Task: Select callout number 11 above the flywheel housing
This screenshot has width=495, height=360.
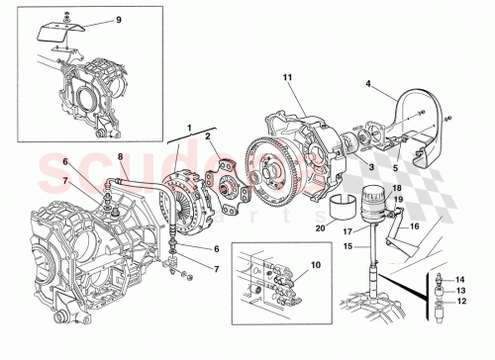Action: [289, 76]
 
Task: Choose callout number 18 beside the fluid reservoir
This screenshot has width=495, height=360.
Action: [397, 188]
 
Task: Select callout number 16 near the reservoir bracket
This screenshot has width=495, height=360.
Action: [415, 225]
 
